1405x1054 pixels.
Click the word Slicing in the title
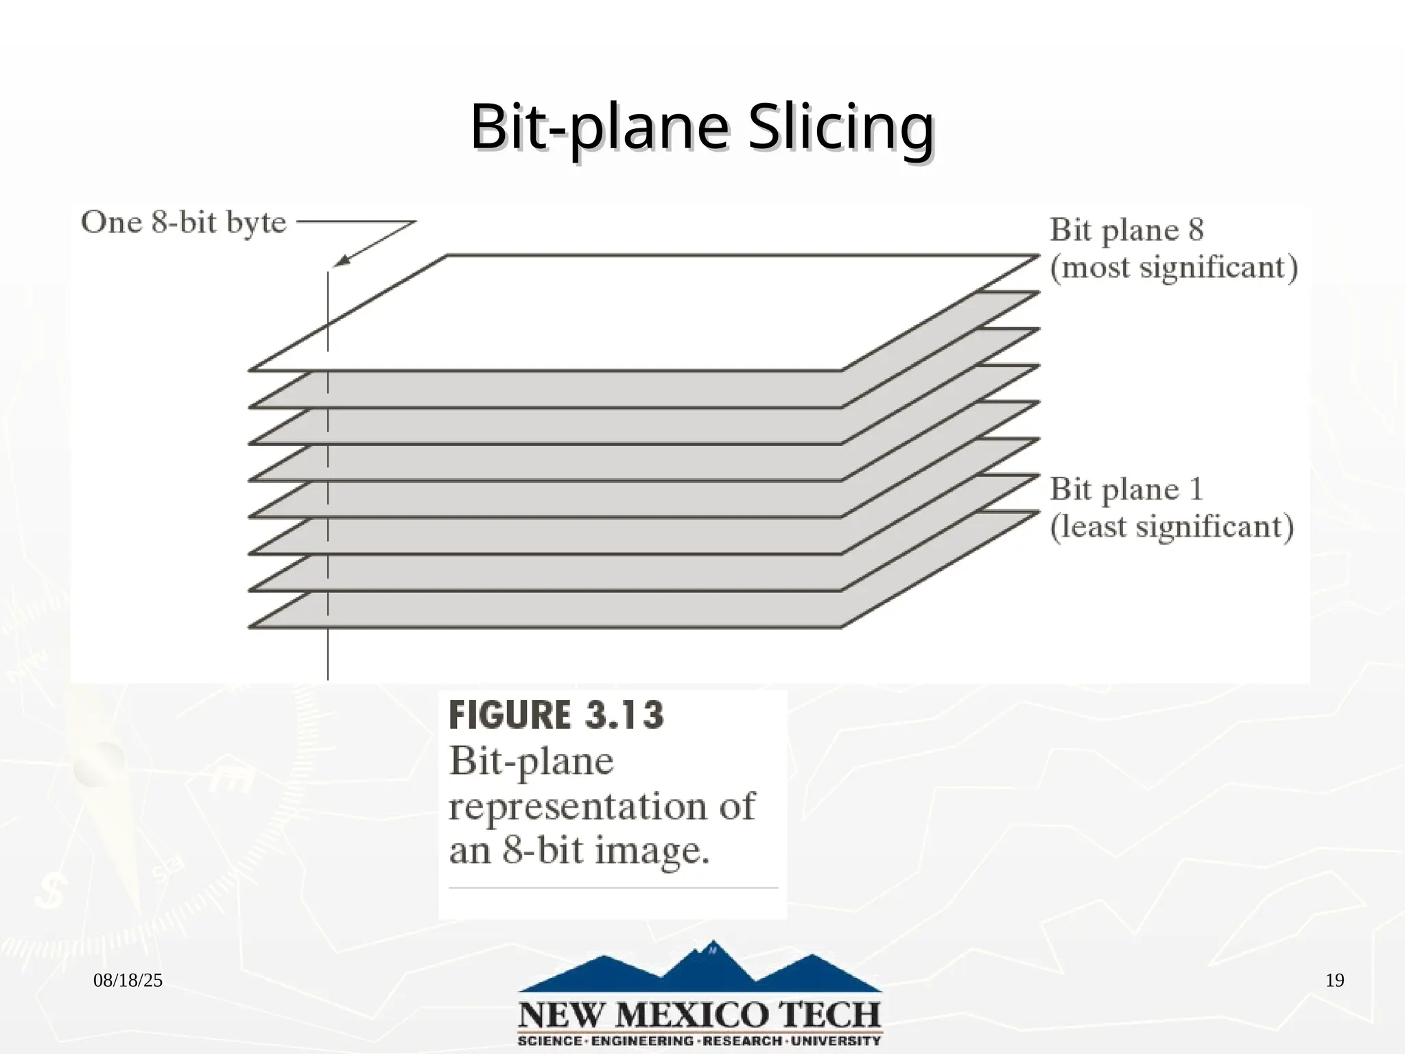coord(840,128)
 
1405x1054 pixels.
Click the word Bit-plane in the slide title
coord(599,128)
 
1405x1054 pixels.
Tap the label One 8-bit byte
coord(183,223)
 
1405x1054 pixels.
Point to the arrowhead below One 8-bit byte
coord(341,261)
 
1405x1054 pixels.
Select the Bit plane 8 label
coord(1126,230)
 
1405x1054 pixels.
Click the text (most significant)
coord(1174,267)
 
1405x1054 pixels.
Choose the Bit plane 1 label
coord(1126,489)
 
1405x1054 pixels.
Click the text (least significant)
coord(1172,527)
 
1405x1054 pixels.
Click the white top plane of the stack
coord(645,312)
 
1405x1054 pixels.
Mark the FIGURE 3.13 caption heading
coord(556,715)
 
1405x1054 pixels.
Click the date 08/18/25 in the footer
coord(128,981)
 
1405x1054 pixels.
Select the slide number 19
coord(1334,981)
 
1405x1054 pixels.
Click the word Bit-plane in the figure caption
coord(531,762)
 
